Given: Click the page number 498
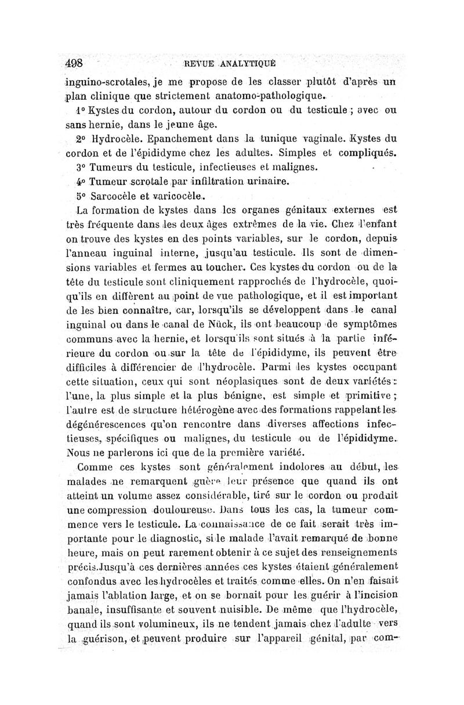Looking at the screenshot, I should (x=75, y=63).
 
